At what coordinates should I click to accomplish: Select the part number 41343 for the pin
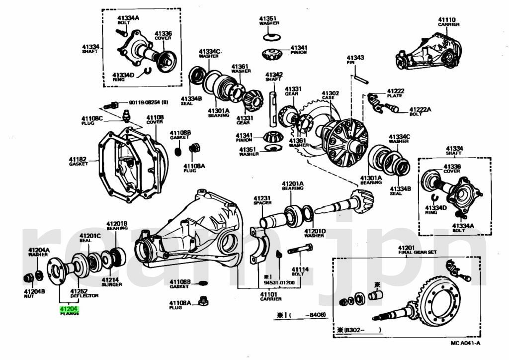click(x=355, y=58)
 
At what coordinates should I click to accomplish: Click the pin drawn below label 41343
click(x=360, y=79)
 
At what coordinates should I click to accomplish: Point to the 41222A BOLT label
click(x=420, y=111)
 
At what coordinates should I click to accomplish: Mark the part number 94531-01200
click(x=279, y=283)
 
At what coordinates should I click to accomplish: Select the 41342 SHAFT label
click(x=274, y=76)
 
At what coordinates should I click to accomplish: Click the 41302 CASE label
click(x=330, y=95)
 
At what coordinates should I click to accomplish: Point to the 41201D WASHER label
click(x=315, y=233)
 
